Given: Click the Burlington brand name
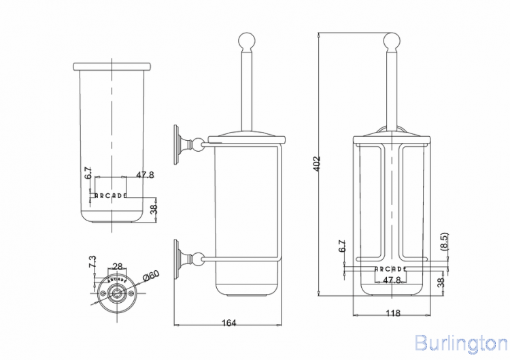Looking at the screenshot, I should point(460,342).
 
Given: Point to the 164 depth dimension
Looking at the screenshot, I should point(229,323).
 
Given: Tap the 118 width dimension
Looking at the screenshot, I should point(392,314).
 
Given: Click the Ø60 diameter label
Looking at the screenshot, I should point(150,275).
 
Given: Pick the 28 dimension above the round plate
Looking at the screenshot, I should point(117,267).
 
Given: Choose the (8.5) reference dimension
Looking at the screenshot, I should point(445,243).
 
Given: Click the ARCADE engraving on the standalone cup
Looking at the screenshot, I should point(110,196).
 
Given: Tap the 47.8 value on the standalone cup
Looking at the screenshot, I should point(145,175).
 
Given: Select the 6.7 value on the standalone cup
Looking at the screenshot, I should point(88,174).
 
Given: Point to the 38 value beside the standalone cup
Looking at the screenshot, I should point(154,208).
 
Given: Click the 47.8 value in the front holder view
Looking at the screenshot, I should point(391,280).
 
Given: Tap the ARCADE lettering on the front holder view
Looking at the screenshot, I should point(391,269).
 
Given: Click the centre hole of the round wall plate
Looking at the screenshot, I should point(118,293).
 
